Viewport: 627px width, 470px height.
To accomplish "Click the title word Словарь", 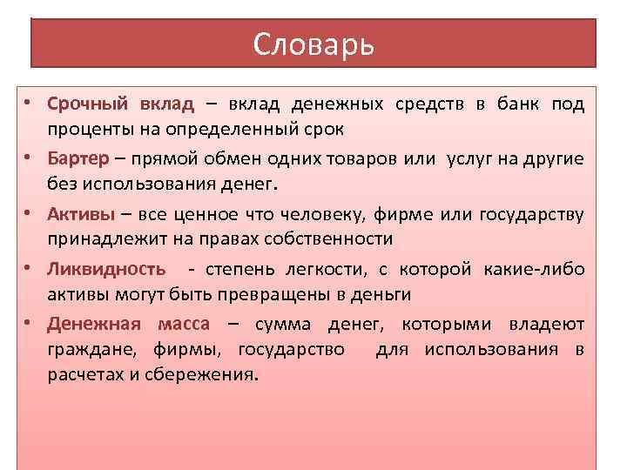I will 313,44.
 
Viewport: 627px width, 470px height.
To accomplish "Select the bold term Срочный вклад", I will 121,104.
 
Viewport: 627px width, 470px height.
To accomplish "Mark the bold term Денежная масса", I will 129,324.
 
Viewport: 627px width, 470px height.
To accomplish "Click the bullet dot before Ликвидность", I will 29,267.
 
